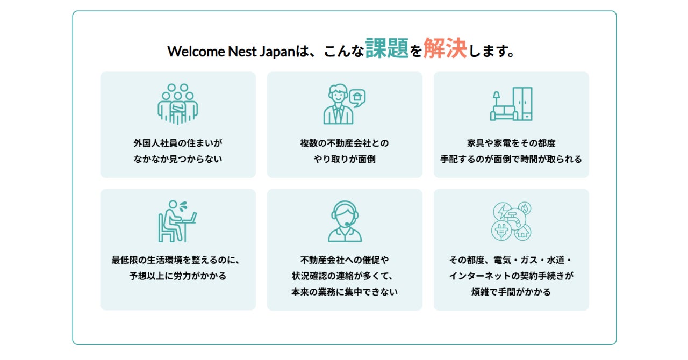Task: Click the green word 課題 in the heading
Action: click(x=387, y=48)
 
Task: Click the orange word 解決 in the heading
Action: click(x=445, y=48)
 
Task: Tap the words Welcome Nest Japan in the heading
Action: click(x=231, y=52)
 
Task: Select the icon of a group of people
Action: click(x=178, y=104)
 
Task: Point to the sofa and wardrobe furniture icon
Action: click(x=511, y=104)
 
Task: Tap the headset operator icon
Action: click(x=345, y=221)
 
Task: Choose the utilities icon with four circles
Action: click(x=511, y=221)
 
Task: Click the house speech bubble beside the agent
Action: click(x=357, y=97)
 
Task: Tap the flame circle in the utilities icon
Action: click(x=524, y=208)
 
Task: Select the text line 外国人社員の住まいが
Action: click(x=178, y=143)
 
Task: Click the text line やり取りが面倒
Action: click(x=345, y=160)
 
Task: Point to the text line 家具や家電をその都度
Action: click(x=511, y=143)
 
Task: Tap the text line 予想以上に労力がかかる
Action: click(x=178, y=277)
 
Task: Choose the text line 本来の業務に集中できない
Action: click(x=345, y=293)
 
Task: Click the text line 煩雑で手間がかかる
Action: click(x=511, y=293)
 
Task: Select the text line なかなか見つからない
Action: click(x=178, y=160)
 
